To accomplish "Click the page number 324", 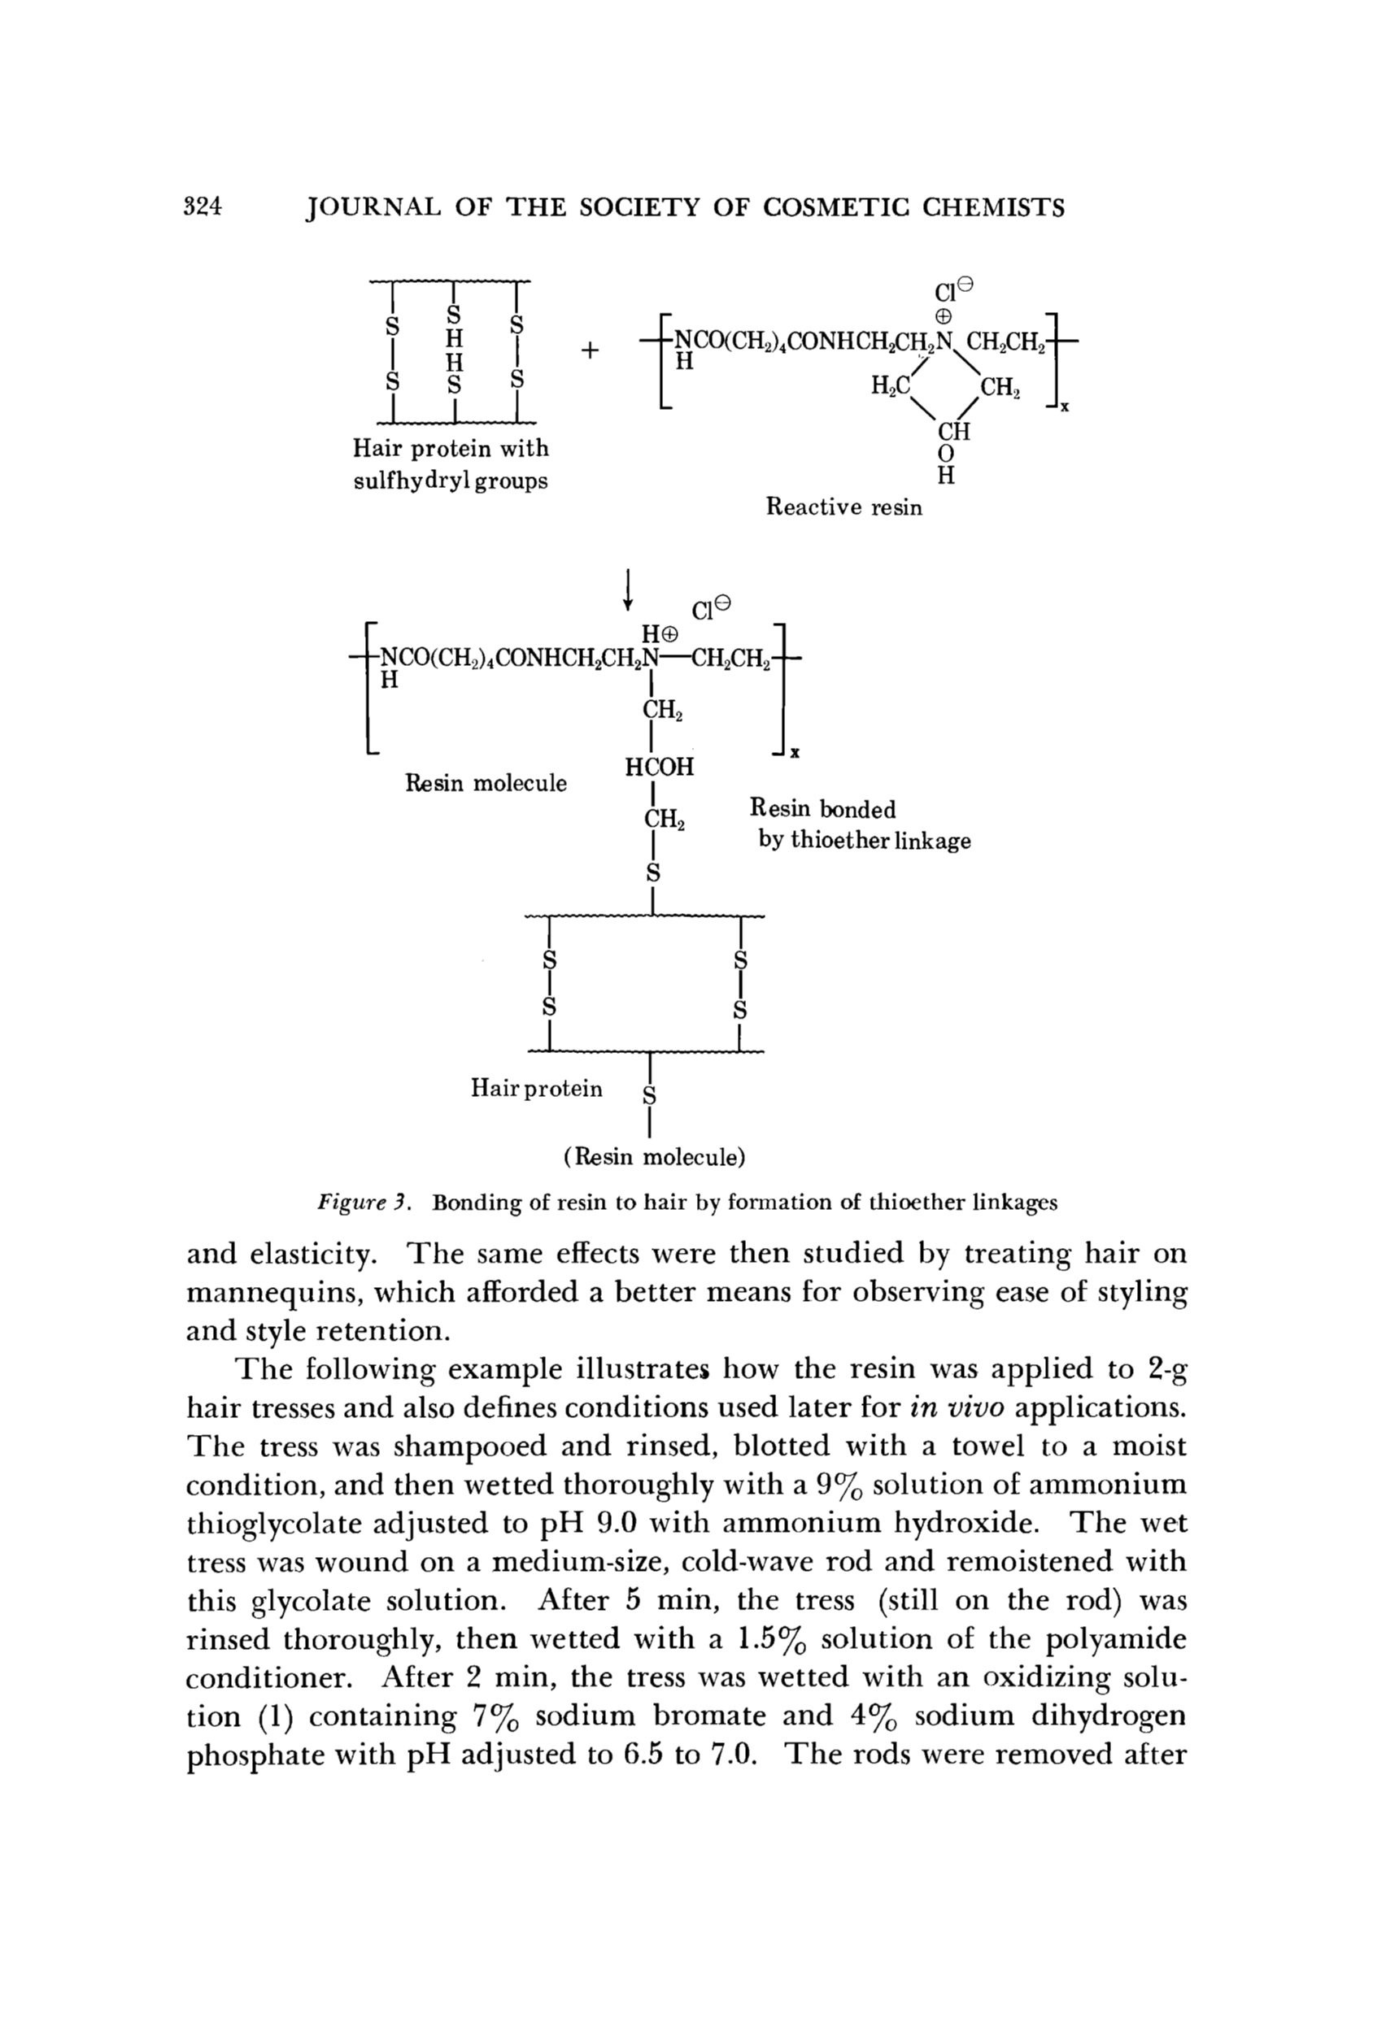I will [204, 207].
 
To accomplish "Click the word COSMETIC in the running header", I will [835, 207].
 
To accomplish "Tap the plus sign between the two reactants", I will [591, 350].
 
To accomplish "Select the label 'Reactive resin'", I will [843, 507].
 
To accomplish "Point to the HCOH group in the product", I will [660, 768].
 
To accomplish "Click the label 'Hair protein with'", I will [450, 449].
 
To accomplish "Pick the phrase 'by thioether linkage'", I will [864, 842].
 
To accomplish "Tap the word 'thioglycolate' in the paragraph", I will [274, 1524].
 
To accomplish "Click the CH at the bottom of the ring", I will [953, 432].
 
